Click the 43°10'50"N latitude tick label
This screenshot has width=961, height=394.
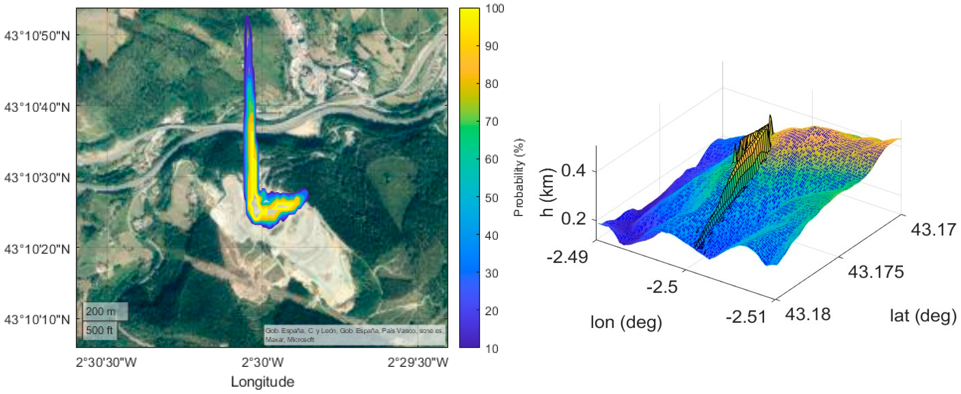pos(37,36)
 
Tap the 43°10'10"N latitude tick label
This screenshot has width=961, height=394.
pos(37,319)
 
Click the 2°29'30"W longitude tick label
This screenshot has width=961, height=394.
pos(418,362)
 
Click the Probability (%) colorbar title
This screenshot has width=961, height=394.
pos(519,177)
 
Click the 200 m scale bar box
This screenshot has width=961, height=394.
pos(105,311)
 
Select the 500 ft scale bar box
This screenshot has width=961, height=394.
pos(100,330)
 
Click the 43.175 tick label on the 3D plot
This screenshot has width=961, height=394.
pos(876,272)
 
